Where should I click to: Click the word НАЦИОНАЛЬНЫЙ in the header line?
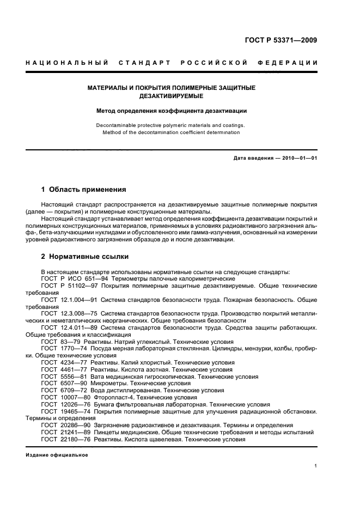(66, 63)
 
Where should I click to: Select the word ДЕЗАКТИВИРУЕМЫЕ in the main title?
(172, 96)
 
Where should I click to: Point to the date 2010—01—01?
(298, 158)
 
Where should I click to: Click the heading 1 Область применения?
(83, 190)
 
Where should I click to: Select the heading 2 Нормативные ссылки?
(85, 256)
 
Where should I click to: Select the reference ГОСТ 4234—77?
(65, 362)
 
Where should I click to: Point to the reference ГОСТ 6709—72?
(65, 391)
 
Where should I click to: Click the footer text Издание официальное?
(57, 456)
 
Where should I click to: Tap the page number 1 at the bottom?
(315, 466)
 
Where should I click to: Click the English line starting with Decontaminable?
(170, 125)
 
